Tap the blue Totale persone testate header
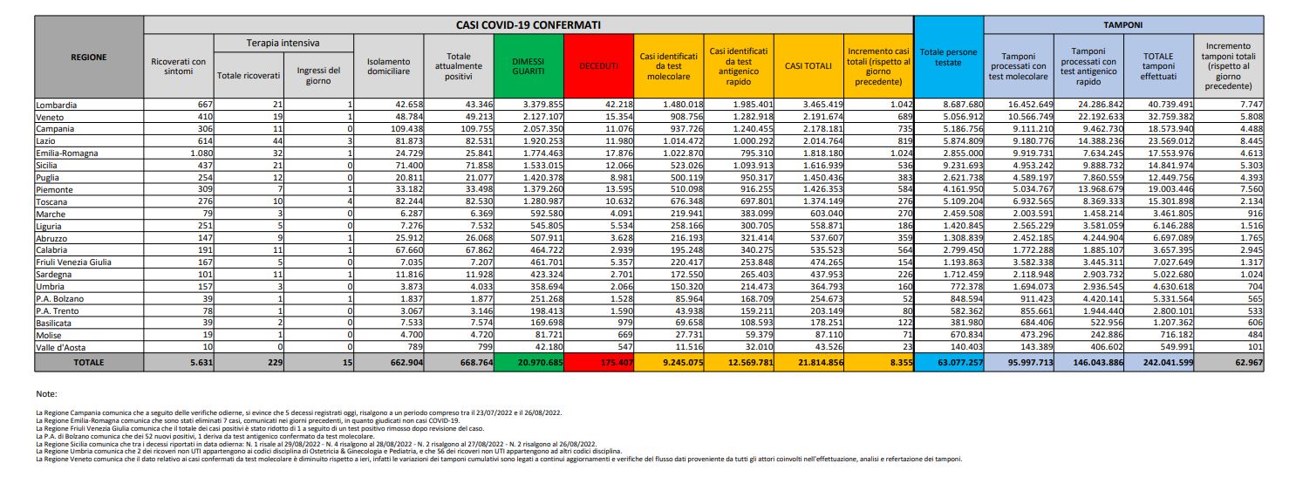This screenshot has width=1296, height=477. [x=949, y=58]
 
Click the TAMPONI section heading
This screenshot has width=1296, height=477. [x=1125, y=25]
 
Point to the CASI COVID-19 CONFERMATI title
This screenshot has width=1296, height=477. [x=529, y=25]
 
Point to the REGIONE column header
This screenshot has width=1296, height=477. [x=89, y=58]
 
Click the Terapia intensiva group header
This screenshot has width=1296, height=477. [x=282, y=43]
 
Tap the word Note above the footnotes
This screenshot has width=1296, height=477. [x=47, y=395]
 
